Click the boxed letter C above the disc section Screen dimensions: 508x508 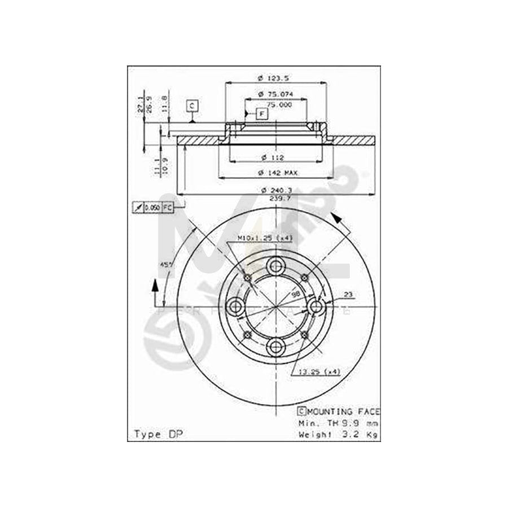192,106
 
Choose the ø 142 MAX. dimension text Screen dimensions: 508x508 275,173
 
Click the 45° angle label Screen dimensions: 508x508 166,264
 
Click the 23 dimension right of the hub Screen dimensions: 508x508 348,294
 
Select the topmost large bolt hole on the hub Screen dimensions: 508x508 275,266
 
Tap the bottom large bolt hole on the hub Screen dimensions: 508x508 275,347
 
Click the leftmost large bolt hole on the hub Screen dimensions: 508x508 235,306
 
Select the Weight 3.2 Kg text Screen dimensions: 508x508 339,434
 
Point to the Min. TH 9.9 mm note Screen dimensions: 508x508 339,423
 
